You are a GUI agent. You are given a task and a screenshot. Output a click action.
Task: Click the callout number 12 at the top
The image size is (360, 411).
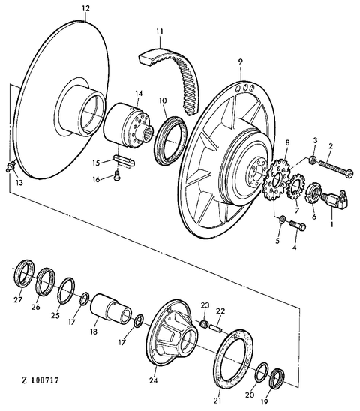(85, 8)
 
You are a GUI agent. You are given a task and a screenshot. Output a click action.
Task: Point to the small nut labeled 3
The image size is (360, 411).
(312, 160)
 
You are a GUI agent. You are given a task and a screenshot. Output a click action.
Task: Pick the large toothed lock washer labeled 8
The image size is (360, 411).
(275, 179)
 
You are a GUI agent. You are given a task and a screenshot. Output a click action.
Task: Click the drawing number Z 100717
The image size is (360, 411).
(40, 379)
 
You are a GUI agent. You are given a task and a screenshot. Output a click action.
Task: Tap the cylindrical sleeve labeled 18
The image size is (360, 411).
(110, 308)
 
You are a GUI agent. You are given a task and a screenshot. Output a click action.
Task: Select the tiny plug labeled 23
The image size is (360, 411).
(204, 324)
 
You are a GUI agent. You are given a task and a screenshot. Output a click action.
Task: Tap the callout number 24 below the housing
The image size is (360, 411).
(154, 380)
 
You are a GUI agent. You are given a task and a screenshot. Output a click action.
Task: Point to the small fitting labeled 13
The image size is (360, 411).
(10, 167)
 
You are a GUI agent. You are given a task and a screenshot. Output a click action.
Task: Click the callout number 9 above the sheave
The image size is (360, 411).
(240, 61)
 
